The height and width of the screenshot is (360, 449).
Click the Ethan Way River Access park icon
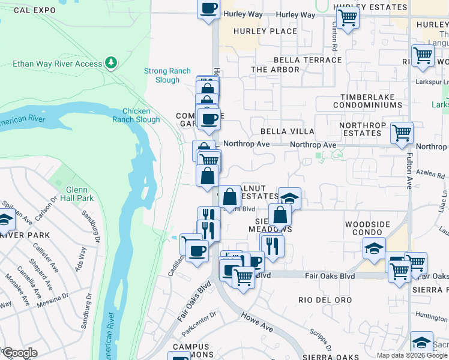(110, 62)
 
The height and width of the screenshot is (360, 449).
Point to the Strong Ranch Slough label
(161, 75)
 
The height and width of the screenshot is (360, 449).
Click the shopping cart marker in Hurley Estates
(348, 18)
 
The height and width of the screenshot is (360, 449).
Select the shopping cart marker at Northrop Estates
(401, 133)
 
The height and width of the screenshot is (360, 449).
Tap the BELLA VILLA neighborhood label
(287, 131)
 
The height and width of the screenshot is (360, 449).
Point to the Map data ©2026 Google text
(412, 355)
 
